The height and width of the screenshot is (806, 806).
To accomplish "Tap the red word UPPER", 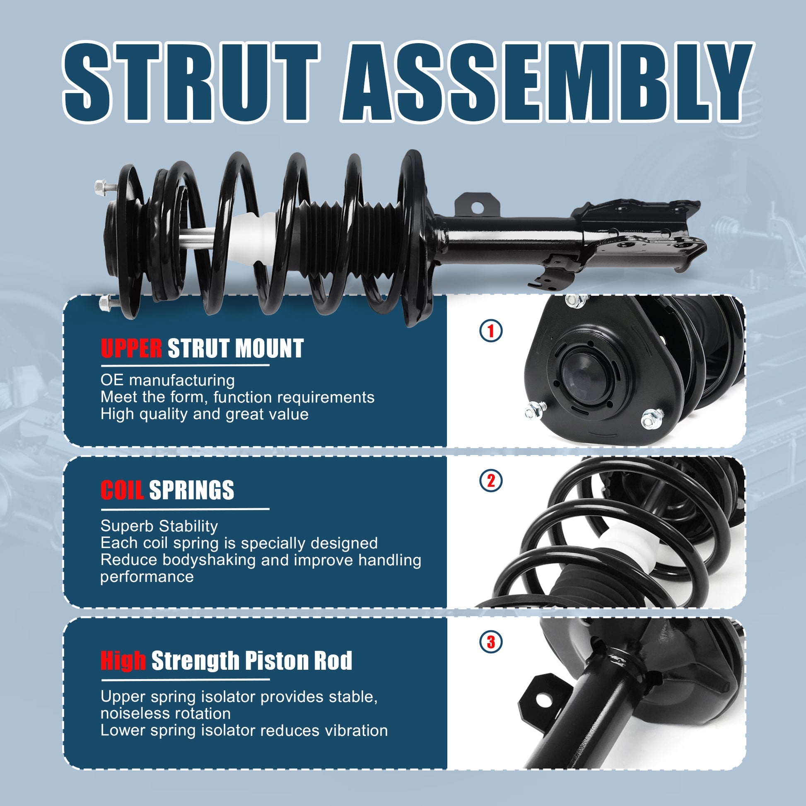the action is pyautogui.click(x=131, y=348).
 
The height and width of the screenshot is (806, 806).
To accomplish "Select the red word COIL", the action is pyautogui.click(x=122, y=490).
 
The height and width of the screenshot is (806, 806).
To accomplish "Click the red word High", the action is pyautogui.click(x=123, y=661).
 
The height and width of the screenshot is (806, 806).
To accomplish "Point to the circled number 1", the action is pyautogui.click(x=491, y=331).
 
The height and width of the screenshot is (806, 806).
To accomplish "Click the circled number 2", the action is pyautogui.click(x=491, y=481).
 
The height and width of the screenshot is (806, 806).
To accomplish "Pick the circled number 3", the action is pyautogui.click(x=491, y=642).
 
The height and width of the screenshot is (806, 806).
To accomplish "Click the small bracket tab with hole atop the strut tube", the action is pyautogui.click(x=476, y=204).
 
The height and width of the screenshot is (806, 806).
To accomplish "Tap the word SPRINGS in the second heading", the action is pyautogui.click(x=191, y=490).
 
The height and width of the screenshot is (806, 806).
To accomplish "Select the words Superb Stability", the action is pyautogui.click(x=159, y=526).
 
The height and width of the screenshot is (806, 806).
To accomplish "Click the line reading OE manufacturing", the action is pyautogui.click(x=167, y=380).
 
